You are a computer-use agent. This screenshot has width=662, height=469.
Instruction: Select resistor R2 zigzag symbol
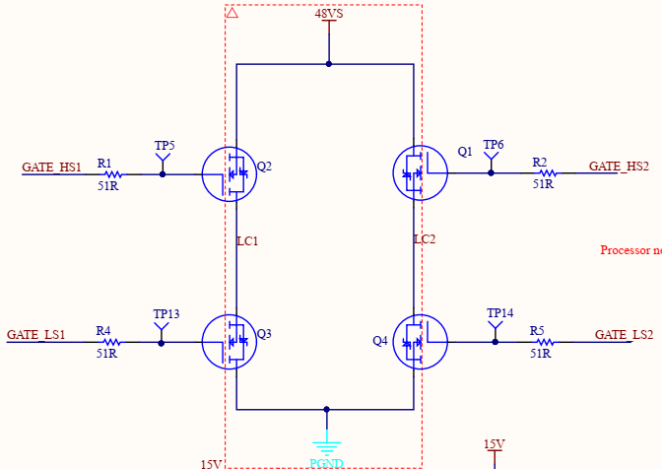pyautogui.click(x=542, y=173)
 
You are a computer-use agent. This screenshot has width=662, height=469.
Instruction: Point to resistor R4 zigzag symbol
pyautogui.click(x=107, y=343)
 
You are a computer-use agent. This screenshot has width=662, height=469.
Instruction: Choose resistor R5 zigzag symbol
pyautogui.click(x=541, y=343)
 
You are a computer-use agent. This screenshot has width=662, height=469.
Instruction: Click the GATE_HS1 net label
pyautogui.click(x=52, y=167)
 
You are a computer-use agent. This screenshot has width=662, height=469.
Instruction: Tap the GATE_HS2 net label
pyautogui.click(x=619, y=167)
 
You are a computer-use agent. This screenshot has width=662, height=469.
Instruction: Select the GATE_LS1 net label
pyautogui.click(x=36, y=335)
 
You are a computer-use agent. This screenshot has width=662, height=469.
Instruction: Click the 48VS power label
pyautogui.click(x=329, y=15)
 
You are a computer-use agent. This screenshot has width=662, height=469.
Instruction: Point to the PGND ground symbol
pyautogui.click(x=326, y=446)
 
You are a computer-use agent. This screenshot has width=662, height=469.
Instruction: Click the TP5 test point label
pyautogui.click(x=165, y=146)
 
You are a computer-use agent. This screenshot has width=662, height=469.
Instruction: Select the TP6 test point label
pyautogui.click(x=494, y=145)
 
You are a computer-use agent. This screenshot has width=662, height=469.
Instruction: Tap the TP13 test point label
pyautogui.click(x=166, y=314)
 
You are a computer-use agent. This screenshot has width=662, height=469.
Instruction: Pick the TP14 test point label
pyautogui.click(x=500, y=313)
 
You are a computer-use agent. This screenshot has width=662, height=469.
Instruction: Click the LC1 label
pyautogui.click(x=247, y=240)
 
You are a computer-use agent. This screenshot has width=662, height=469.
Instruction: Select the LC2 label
pyautogui.click(x=425, y=239)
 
